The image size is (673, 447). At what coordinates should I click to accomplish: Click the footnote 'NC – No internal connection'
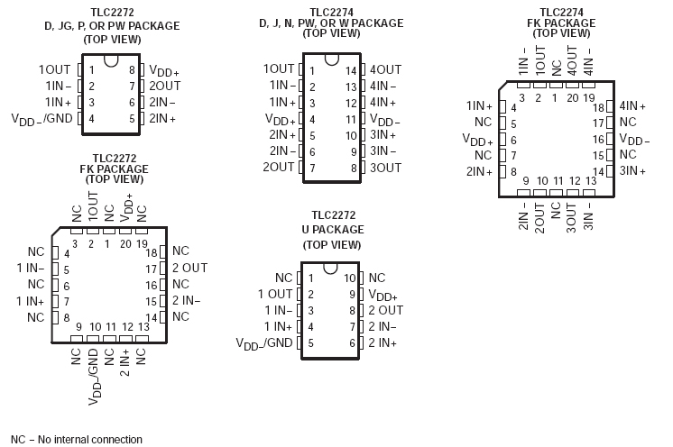pos(77,440)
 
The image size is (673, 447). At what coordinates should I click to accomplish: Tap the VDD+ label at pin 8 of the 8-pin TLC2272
pos(164,69)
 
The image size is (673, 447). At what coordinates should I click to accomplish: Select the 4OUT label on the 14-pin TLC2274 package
pos(386,69)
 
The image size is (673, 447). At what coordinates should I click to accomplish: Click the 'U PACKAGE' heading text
pos(333,230)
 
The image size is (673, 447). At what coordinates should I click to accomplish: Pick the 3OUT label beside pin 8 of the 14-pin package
pos(386,168)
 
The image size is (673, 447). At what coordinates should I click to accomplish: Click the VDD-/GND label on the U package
pos(264,342)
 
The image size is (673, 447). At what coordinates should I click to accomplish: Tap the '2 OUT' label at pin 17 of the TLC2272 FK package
pos(189,268)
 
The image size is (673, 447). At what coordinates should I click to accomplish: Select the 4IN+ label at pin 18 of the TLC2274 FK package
pos(633,105)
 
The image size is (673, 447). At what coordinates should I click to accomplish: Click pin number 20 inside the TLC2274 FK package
pos(572,96)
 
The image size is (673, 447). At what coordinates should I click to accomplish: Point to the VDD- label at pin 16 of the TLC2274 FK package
pos(634,140)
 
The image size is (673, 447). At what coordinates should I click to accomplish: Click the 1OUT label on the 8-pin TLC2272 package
pos(54,69)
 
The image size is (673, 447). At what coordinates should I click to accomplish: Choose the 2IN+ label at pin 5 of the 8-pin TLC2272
pos(162,118)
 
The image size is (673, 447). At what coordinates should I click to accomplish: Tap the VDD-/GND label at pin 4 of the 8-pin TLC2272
pos(41,118)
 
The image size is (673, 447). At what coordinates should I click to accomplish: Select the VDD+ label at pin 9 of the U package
pos(383,295)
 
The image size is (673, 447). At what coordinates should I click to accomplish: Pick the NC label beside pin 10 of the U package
pos(377,278)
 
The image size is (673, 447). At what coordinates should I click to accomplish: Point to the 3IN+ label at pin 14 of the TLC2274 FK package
pos(633,170)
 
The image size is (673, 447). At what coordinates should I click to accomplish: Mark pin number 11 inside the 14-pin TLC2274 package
pos(352,119)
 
